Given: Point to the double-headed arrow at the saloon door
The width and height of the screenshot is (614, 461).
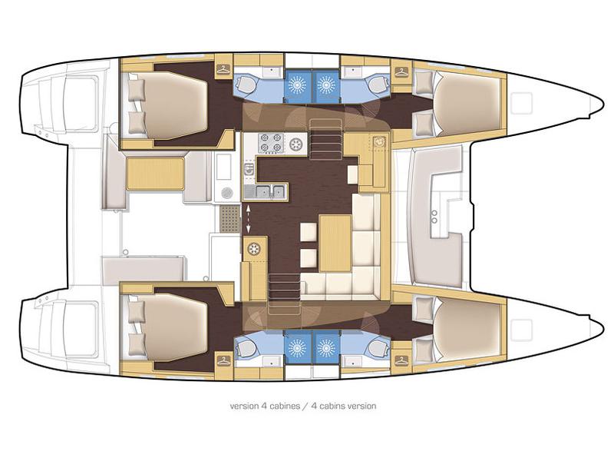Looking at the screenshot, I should point(248,218).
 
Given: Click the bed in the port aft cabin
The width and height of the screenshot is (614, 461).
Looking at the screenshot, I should point(173,103).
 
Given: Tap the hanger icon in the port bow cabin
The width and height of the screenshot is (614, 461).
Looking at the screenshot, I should point(401,71).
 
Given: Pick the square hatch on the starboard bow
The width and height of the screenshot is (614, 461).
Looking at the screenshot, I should point(523,327).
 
